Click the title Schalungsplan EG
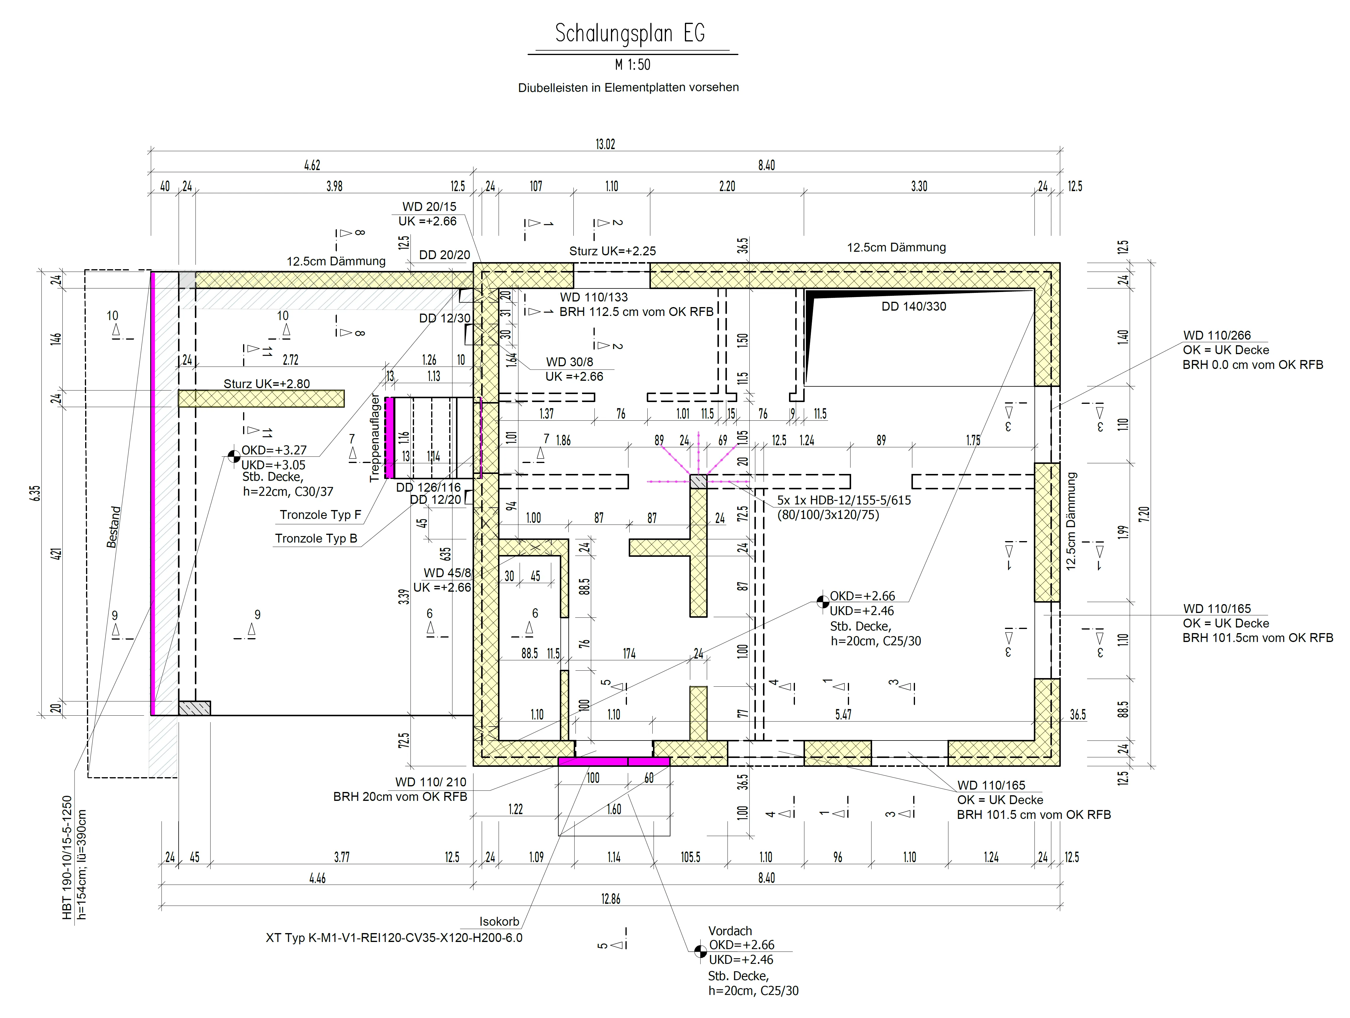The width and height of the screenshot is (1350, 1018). click(630, 34)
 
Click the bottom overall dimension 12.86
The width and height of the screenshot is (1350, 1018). click(610, 899)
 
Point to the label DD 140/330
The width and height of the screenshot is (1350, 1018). click(914, 306)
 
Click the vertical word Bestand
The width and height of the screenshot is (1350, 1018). click(114, 526)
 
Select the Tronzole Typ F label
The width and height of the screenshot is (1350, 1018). click(320, 515)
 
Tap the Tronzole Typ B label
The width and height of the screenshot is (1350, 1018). click(316, 539)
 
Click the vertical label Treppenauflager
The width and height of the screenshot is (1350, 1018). click(375, 438)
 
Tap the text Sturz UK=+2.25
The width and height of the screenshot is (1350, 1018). click(613, 251)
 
